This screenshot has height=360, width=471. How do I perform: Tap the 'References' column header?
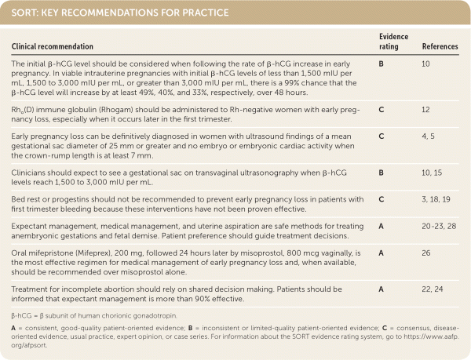click(440, 47)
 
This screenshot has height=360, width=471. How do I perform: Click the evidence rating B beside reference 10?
click(380, 63)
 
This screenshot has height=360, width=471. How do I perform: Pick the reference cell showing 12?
click(425, 109)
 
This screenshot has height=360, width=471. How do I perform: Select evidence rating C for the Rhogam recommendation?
click(380, 109)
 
